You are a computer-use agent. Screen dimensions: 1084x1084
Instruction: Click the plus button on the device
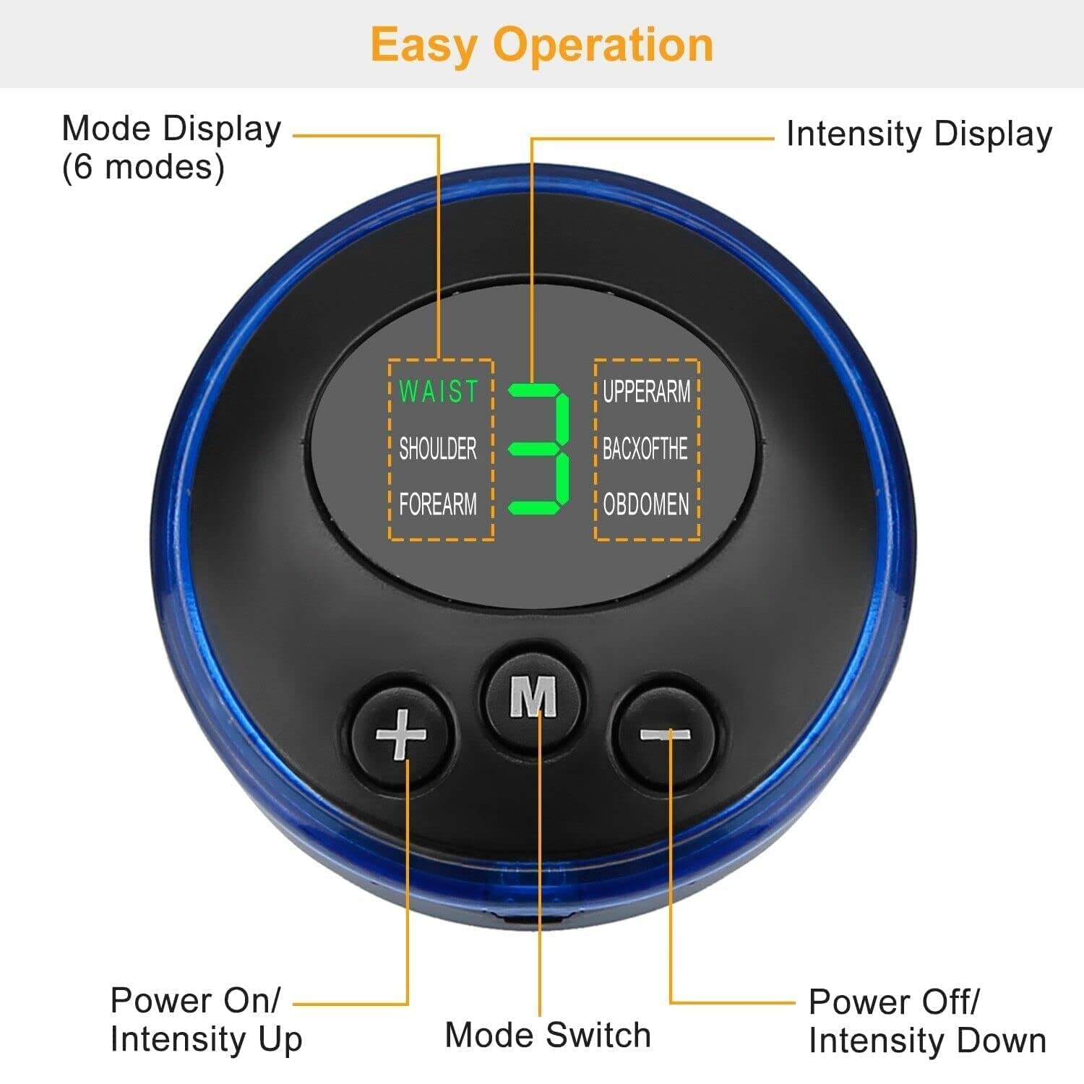point(401,734)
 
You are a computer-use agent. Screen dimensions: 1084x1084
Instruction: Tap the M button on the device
point(533,697)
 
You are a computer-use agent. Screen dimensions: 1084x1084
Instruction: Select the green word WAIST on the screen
point(438,391)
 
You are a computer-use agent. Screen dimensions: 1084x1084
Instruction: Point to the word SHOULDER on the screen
point(438,449)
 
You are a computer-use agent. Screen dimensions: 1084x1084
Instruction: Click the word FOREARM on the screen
point(438,504)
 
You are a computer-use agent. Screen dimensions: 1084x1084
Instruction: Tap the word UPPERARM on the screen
point(647,391)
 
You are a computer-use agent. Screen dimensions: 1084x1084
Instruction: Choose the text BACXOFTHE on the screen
point(645,449)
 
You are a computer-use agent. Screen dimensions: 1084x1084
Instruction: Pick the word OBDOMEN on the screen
point(646,504)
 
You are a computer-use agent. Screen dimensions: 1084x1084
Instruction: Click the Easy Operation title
point(542,45)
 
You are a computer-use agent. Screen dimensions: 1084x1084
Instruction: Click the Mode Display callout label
point(171,129)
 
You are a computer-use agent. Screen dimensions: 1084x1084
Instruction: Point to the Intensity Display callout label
point(919,134)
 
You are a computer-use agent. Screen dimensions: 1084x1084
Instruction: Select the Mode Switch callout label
point(548,1035)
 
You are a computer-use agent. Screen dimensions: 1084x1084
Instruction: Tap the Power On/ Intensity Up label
point(206,1020)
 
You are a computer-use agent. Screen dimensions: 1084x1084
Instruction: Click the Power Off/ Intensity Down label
point(927,1021)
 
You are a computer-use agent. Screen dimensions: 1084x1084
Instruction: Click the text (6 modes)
point(143,168)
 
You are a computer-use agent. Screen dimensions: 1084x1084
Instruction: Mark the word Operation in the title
point(604,45)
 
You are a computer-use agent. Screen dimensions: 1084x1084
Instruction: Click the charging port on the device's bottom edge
point(533,919)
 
